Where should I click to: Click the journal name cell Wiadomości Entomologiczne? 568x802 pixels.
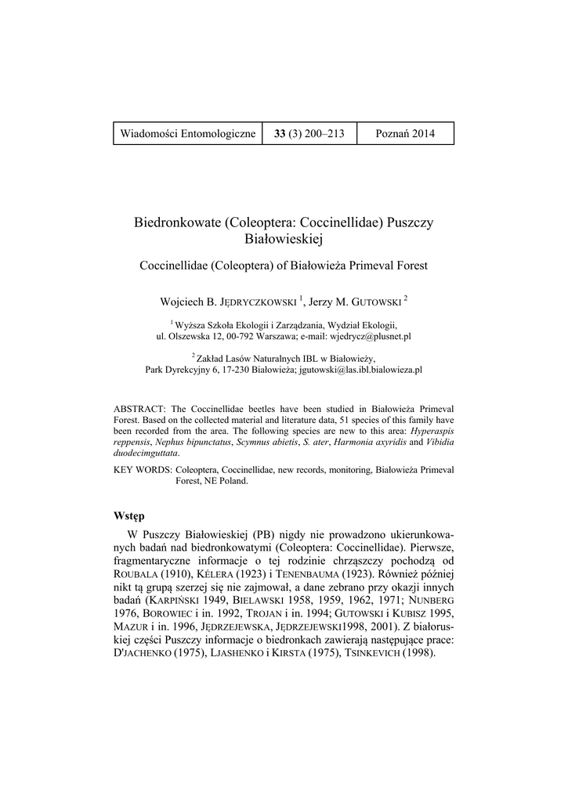tap(188, 133)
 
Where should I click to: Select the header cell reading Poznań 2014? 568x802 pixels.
tap(404, 133)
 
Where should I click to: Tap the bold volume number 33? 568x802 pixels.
tap(280, 133)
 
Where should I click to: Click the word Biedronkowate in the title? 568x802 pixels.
tap(178, 222)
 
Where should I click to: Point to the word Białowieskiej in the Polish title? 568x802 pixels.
tap(284, 238)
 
